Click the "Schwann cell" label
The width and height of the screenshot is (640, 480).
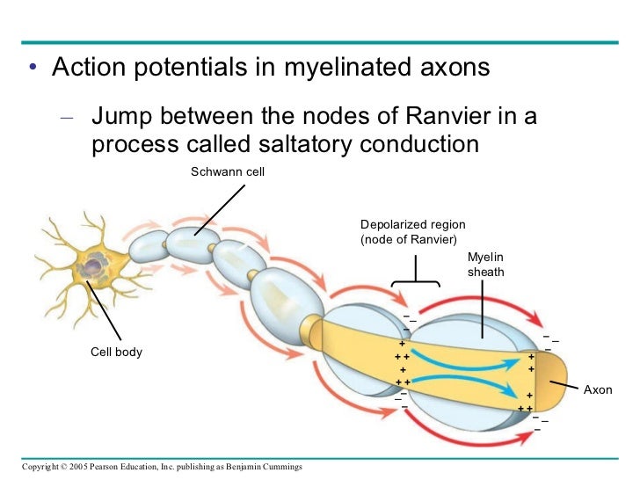pyautogui.click(x=228, y=171)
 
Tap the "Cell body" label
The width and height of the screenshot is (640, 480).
pyautogui.click(x=116, y=353)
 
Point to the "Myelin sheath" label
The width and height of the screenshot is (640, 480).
pyautogui.click(x=486, y=265)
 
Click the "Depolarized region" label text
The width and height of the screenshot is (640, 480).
pyautogui.click(x=412, y=226)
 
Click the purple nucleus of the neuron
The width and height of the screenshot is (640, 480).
pyautogui.click(x=95, y=264)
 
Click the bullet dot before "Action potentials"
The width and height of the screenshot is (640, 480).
pyautogui.click(x=32, y=69)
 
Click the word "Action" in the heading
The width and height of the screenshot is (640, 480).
pyautogui.click(x=86, y=68)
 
